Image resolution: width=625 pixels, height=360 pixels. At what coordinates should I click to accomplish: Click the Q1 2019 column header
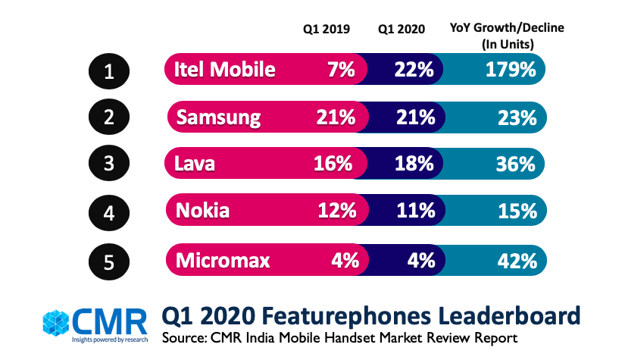[327, 29]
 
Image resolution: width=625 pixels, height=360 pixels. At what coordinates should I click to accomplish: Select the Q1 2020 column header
[402, 29]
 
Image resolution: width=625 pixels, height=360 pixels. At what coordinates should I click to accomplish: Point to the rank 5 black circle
[109, 260]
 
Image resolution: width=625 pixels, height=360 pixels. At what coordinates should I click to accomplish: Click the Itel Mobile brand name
[224, 70]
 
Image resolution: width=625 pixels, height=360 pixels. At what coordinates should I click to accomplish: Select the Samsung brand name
[218, 118]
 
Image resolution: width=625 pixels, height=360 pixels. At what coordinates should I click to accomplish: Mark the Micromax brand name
[224, 260]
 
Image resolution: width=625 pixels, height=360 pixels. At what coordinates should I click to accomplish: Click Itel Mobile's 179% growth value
[511, 70]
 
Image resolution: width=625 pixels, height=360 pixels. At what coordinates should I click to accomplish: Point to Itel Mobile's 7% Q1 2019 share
[341, 70]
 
